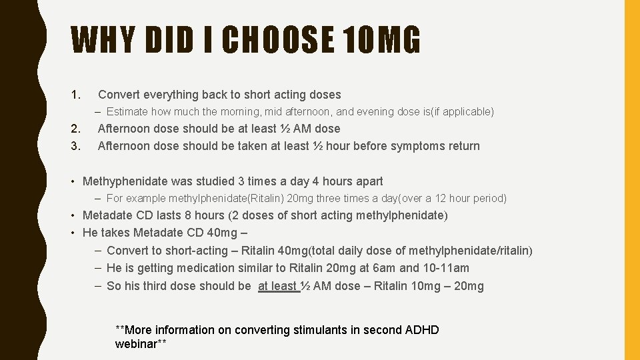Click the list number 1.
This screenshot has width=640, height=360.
click(x=76, y=95)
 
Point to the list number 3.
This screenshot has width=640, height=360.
click(x=76, y=146)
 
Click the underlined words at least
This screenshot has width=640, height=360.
click(x=277, y=286)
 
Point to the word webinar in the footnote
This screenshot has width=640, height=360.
click(x=137, y=344)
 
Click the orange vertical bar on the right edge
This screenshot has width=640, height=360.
click(x=631, y=180)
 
